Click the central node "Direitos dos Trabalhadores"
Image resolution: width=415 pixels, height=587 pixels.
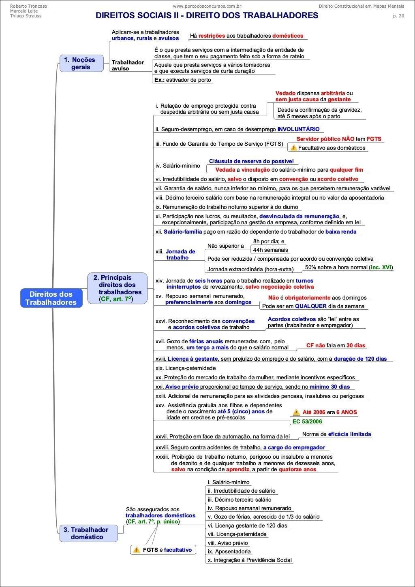tap(51, 298)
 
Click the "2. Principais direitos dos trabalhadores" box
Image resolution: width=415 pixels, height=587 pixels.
tap(117, 288)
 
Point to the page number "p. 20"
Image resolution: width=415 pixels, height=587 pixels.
tap(398, 16)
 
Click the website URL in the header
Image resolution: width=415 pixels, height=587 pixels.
tap(207, 6)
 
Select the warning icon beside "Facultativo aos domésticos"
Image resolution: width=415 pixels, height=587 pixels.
tap(293, 148)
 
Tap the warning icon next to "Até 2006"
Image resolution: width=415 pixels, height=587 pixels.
tap(297, 412)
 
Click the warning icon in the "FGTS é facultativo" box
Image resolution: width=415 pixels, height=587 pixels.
tap(137, 550)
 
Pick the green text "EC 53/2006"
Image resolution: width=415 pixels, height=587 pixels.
tap(307, 421)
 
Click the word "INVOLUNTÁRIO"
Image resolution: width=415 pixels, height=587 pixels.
tap(298, 129)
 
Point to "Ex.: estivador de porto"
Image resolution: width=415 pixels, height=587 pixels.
tap(183, 80)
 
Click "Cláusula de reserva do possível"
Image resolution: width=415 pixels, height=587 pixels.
tap(251, 161)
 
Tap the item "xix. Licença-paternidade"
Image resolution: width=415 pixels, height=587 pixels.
tap(186, 368)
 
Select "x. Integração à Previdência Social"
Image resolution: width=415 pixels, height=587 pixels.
tap(250, 560)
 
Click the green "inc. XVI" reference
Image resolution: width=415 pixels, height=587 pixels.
tap(381, 267)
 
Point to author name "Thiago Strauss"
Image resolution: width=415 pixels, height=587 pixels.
tap(26, 16)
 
